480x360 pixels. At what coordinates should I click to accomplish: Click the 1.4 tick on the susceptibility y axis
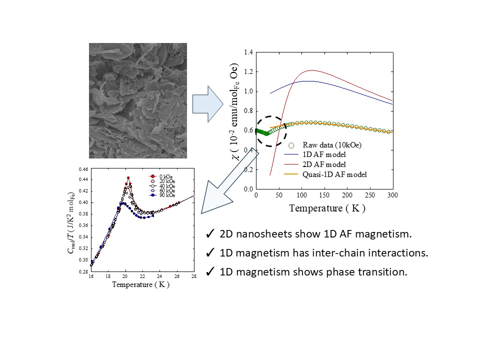point(248,52)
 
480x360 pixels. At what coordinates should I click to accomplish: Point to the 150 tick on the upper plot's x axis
point(324,195)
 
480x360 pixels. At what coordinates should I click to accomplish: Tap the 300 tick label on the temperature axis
point(392,195)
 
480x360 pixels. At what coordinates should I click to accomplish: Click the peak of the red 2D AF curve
point(311,70)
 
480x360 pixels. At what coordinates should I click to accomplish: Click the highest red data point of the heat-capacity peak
point(128,178)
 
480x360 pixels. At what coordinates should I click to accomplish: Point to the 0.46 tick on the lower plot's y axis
point(83,169)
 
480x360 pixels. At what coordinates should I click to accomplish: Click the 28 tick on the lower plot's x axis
point(194,276)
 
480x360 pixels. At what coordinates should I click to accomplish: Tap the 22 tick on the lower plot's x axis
point(142,276)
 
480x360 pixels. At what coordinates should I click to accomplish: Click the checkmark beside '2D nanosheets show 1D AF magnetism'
point(210,234)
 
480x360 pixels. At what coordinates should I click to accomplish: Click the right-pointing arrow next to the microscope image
point(208,104)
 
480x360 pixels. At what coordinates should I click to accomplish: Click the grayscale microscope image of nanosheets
point(138,100)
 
